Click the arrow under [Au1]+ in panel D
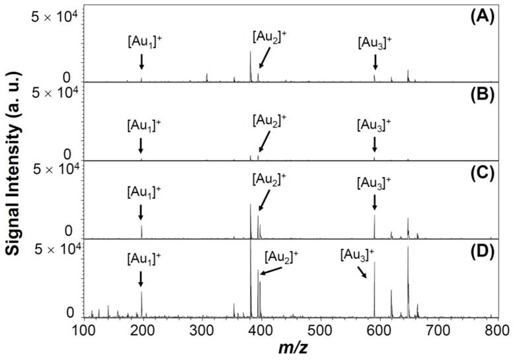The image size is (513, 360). [141, 279]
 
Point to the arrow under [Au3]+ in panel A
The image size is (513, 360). [375, 62]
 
